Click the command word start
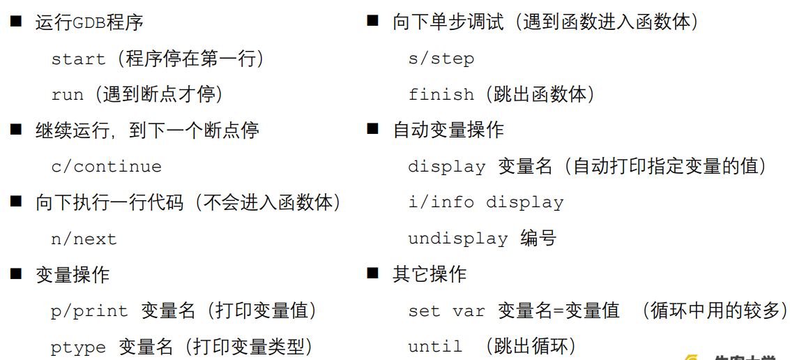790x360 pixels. [x=78, y=59]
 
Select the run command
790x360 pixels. [x=67, y=95]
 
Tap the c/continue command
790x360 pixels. [x=106, y=167]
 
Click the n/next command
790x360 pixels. [x=84, y=239]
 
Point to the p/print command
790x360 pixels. [x=89, y=311]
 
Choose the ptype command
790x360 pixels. [x=78, y=347]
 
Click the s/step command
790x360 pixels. [x=441, y=59]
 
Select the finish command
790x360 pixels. [x=441, y=95]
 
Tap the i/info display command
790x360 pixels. [x=485, y=202]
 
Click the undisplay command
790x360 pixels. [x=457, y=239]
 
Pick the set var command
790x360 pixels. [x=446, y=311]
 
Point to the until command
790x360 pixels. [x=435, y=347]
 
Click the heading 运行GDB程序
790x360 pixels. [x=89, y=22]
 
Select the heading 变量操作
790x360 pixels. [x=73, y=275]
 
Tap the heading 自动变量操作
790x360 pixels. [x=448, y=130]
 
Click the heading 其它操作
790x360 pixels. [x=430, y=275]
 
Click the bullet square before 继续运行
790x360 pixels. [x=16, y=129]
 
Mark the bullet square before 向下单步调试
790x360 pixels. [x=373, y=21]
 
